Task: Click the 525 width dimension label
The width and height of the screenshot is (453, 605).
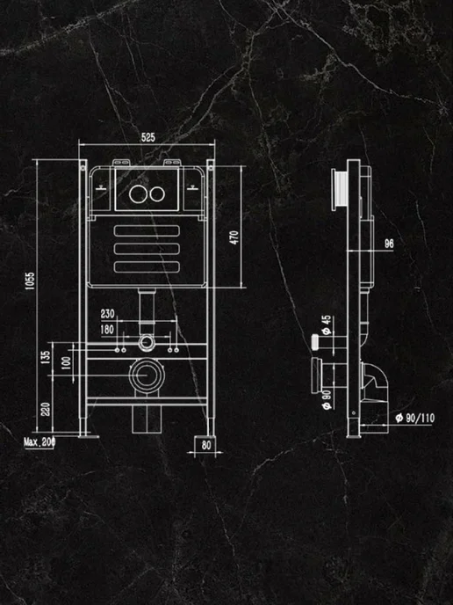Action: tap(147, 137)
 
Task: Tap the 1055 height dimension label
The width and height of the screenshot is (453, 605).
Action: tap(30, 281)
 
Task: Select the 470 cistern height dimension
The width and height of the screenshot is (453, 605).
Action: tap(234, 237)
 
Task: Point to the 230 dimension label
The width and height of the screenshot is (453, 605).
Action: tap(107, 314)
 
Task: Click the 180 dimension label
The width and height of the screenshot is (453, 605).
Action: tap(107, 329)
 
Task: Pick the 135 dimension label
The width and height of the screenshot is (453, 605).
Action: tap(46, 357)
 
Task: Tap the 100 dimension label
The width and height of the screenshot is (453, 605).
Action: tap(66, 362)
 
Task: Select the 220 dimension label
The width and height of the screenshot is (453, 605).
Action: tap(46, 410)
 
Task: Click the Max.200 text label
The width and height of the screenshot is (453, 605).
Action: tap(40, 442)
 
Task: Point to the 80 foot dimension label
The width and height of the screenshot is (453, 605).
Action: tap(206, 445)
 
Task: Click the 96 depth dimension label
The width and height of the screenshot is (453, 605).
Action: tap(389, 244)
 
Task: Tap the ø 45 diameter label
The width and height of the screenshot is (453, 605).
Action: tap(327, 324)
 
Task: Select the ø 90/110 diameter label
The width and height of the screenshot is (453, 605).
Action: tap(415, 418)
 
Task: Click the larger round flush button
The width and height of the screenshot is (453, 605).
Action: tap(138, 193)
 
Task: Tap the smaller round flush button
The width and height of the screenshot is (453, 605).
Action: tap(157, 194)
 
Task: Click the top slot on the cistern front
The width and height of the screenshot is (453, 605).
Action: tap(147, 230)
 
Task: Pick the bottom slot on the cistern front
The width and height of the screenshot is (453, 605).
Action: tap(147, 266)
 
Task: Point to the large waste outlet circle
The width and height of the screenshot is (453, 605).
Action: tap(147, 375)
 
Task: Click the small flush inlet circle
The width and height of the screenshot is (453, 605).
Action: tap(147, 343)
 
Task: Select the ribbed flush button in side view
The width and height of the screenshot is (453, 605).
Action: tap(339, 190)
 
